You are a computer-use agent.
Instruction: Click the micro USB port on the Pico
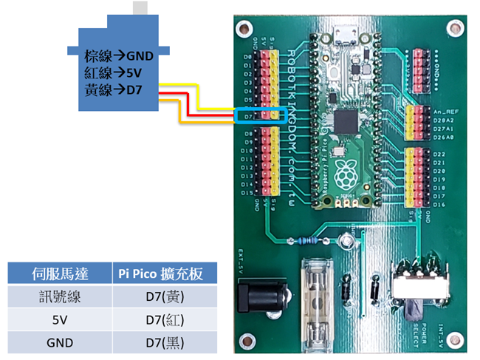pyautogui.click(x=344, y=35)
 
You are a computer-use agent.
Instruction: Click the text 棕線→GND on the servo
pyautogui.click(x=119, y=55)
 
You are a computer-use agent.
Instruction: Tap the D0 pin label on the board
pyautogui.click(x=248, y=56)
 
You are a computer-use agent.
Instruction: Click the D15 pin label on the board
pyautogui.click(x=247, y=193)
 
